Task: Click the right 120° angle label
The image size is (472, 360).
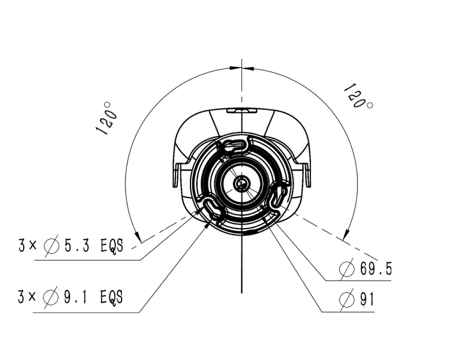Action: coord(358,96)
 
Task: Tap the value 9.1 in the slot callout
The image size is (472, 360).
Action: coord(75,297)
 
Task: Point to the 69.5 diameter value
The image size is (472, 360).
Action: coord(376,269)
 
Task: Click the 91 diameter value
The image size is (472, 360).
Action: coord(367,299)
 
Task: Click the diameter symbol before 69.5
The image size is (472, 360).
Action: coord(347,269)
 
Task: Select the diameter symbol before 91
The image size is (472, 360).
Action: coord(346,300)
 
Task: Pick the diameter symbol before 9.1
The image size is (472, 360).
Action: coord(50,297)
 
